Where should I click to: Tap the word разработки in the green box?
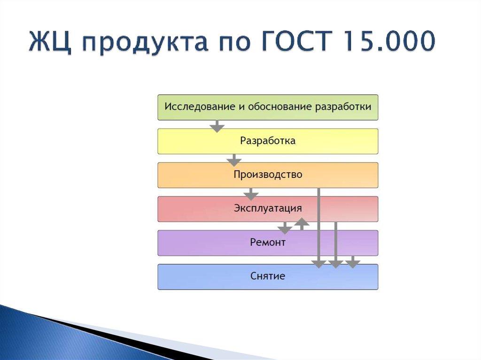(343, 107)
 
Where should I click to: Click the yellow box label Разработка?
(268, 141)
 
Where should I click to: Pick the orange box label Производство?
(268, 175)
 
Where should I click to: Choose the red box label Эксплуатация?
(268, 208)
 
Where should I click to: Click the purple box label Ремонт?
(268, 243)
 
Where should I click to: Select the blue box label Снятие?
(268, 276)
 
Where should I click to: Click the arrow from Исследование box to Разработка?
(217, 126)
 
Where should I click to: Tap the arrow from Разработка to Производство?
(233, 160)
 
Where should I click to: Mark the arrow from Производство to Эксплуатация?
(251, 193)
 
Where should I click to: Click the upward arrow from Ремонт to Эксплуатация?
(302, 223)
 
